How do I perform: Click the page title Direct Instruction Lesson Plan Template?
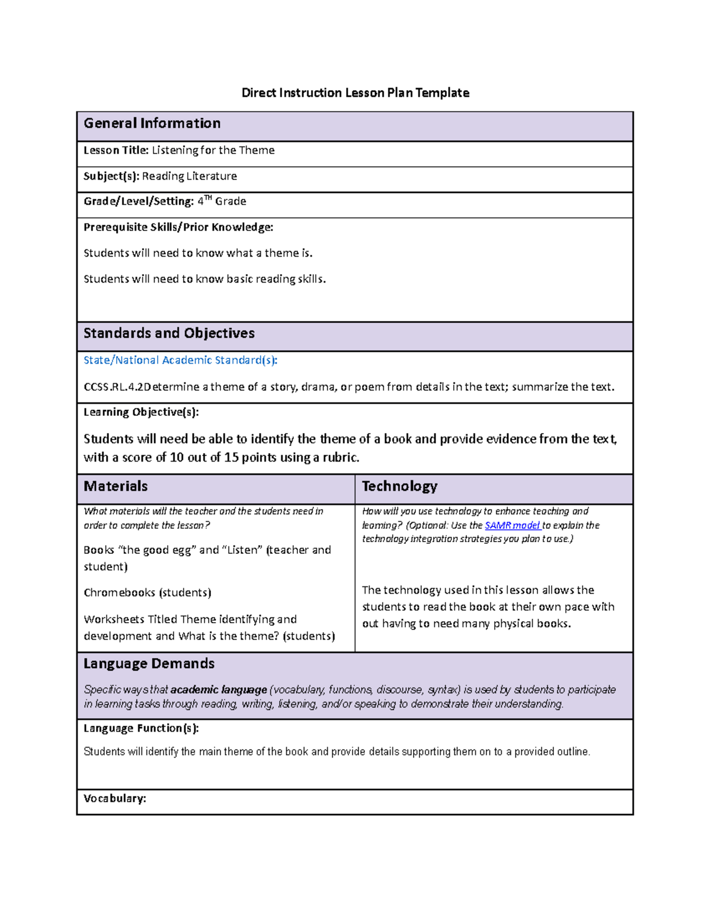pyautogui.click(x=355, y=93)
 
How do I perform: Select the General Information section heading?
pyautogui.click(x=152, y=123)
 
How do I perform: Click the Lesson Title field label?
pyautogui.click(x=116, y=150)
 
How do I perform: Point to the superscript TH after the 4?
pyautogui.click(x=208, y=198)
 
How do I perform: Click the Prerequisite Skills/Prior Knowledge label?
pyautogui.click(x=178, y=227)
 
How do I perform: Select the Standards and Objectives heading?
pyautogui.click(x=169, y=334)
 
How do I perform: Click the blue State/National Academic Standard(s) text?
pyautogui.click(x=180, y=360)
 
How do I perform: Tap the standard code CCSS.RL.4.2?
pyautogui.click(x=113, y=387)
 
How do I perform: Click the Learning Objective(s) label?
pyautogui.click(x=141, y=412)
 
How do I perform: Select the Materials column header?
pyautogui.click(x=116, y=486)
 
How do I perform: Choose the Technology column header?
pyautogui.click(x=399, y=486)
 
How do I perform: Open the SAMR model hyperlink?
pyautogui.click(x=512, y=525)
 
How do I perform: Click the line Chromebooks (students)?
pyautogui.click(x=148, y=593)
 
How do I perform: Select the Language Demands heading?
pyautogui.click(x=149, y=663)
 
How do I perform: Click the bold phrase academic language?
pyautogui.click(x=219, y=690)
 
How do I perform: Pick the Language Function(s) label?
pyautogui.click(x=141, y=729)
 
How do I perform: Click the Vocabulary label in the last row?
pyautogui.click(x=114, y=799)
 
